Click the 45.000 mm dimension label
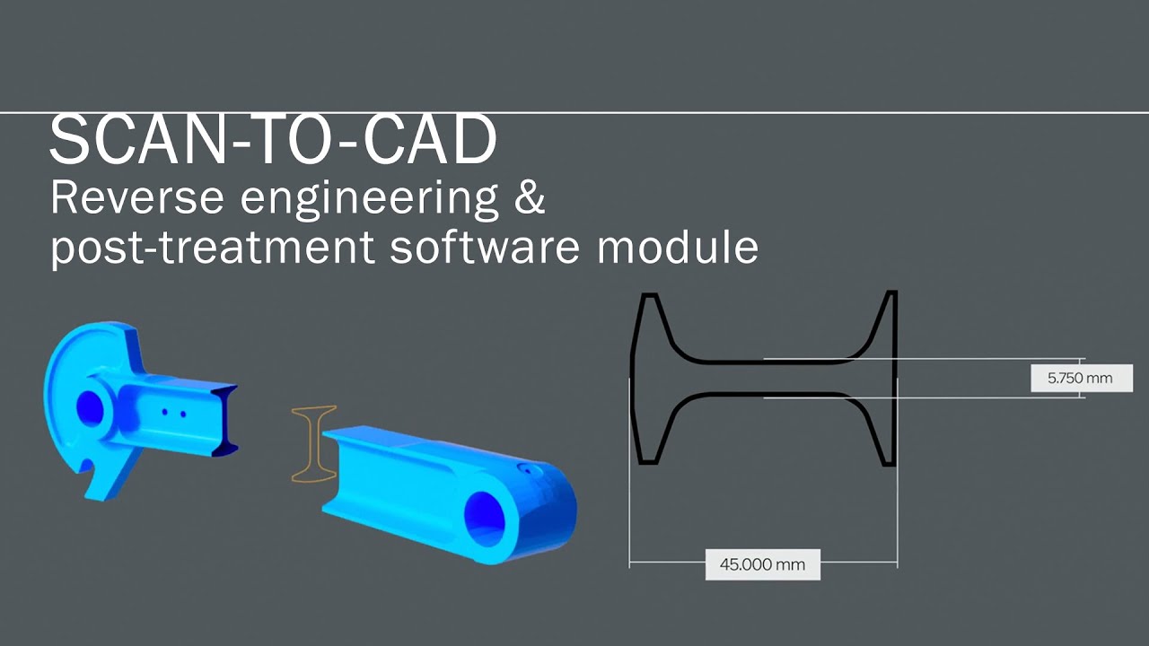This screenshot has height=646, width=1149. click(763, 564)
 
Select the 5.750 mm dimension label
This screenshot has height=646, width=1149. click(1082, 379)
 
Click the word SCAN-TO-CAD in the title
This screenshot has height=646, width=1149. click(273, 140)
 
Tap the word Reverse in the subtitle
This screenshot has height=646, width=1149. click(137, 198)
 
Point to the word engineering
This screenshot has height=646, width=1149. click(369, 201)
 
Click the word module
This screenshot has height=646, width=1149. click(678, 246)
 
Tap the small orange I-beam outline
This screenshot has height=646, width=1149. click(313, 444)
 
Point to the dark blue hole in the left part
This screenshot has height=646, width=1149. click(91, 408)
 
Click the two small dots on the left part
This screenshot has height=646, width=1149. click(174, 413)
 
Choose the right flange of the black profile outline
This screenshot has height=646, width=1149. click(882, 379)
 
